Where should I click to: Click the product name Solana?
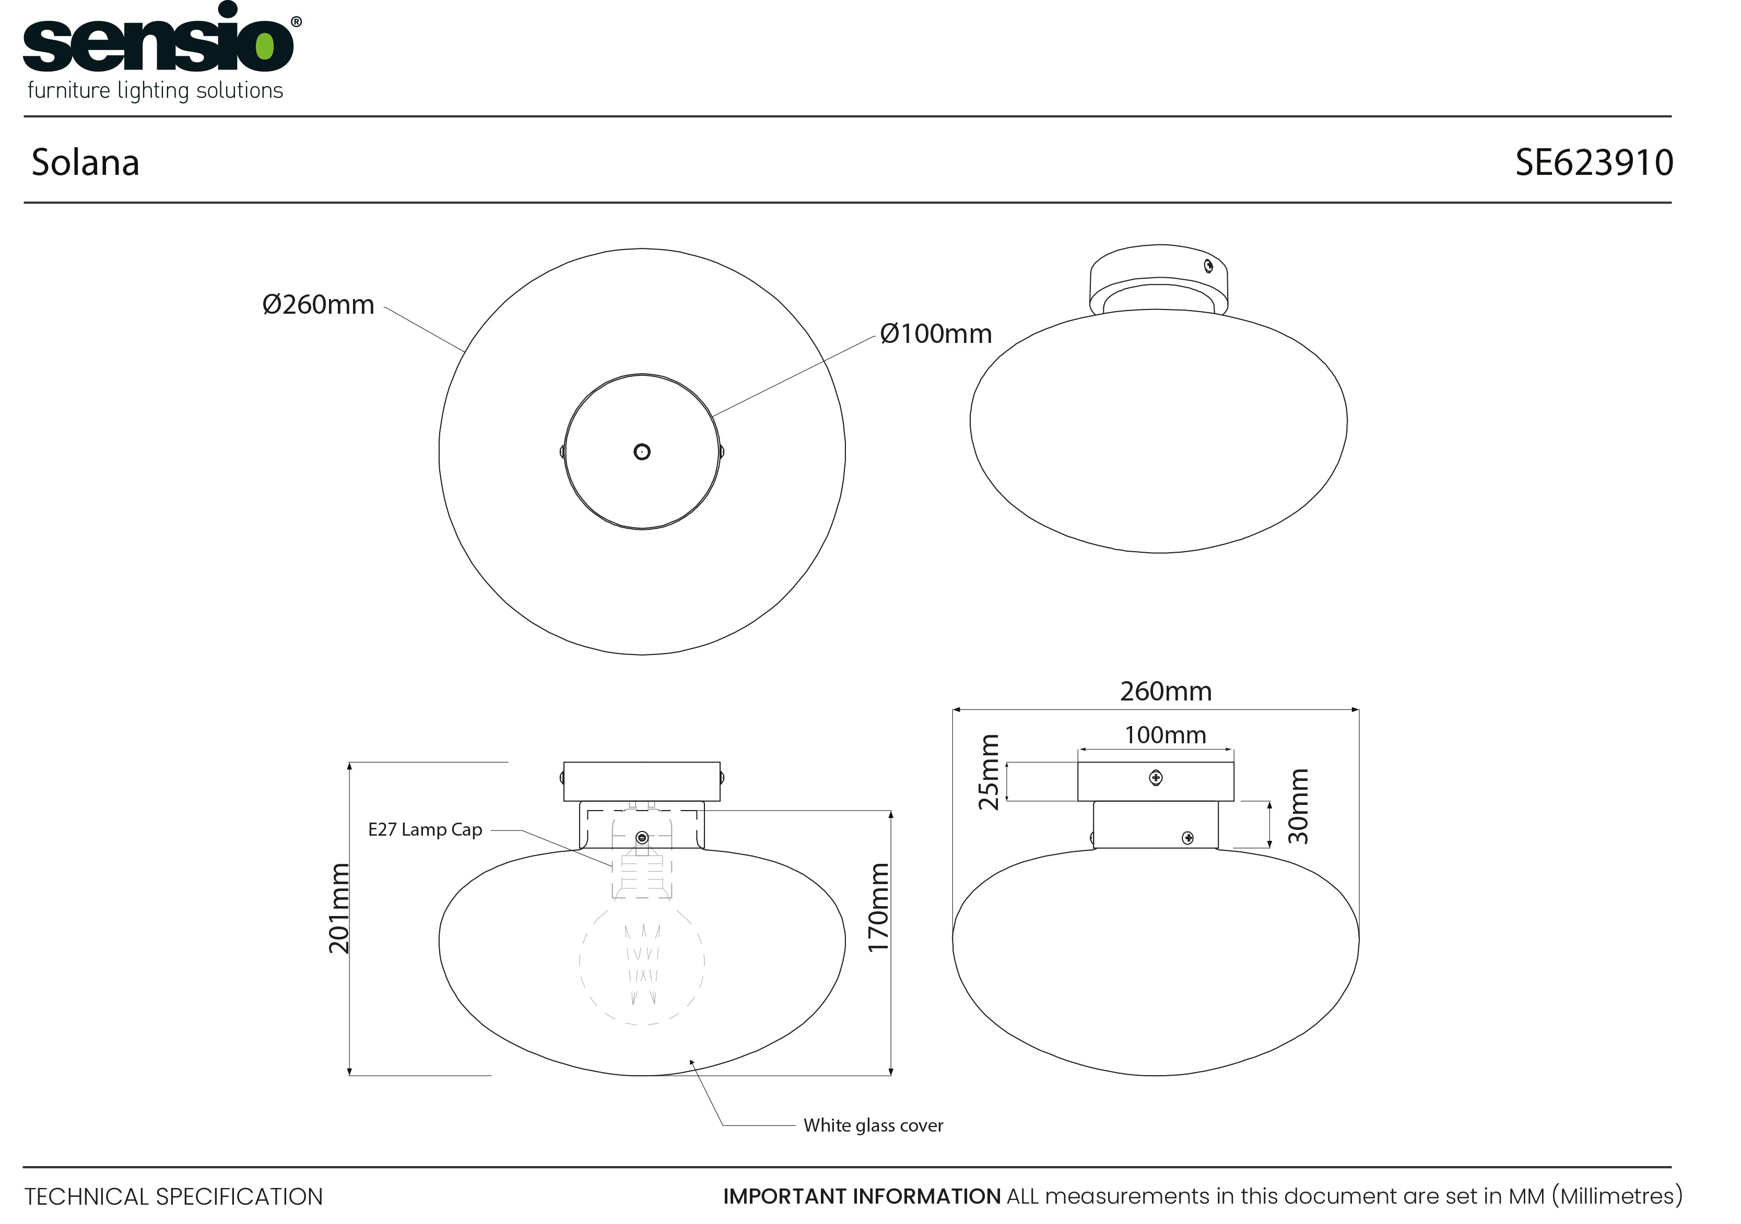pos(86,162)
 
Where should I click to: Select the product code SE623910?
pos(1594,162)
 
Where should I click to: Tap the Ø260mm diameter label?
pos(319,305)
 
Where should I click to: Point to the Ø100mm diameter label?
pos(936,334)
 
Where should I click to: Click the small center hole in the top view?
pos(642,451)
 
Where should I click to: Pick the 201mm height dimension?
pos(339,908)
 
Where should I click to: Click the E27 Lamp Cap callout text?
pos(426,830)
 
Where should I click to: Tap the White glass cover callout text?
pos(874,1125)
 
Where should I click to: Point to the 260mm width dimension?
pos(1166,691)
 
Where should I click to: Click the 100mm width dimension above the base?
pos(1166,735)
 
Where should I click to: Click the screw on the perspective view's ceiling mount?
pos(1209,266)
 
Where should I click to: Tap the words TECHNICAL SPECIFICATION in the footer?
pos(174,1197)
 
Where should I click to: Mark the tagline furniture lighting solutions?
pos(156,91)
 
